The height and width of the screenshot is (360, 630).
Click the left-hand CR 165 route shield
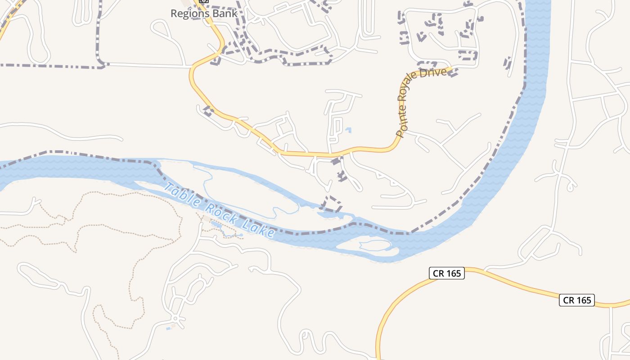tap(446, 273)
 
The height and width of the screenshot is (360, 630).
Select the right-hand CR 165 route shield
tap(577, 300)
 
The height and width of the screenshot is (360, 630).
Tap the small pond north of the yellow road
tap(348, 130)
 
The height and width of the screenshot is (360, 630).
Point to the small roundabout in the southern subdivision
tap(175, 319)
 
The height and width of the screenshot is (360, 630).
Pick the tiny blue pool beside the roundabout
tap(168, 328)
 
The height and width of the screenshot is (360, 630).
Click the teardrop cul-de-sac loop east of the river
tap(571, 186)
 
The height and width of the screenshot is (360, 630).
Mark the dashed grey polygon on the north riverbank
tap(332, 203)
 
